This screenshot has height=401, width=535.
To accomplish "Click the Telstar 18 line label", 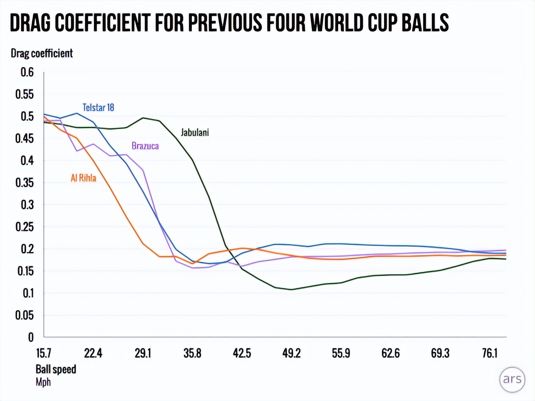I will click(x=98, y=107).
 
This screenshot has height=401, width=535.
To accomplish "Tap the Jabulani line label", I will click(x=194, y=132).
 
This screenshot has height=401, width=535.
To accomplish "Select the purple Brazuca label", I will click(x=145, y=146).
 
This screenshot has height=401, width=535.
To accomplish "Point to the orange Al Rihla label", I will click(x=83, y=178).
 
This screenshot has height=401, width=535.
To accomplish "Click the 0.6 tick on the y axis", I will click(x=27, y=72).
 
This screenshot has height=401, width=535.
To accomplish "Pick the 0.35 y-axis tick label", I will click(x=25, y=183).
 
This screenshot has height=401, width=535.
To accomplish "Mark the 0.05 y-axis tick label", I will click(x=25, y=315).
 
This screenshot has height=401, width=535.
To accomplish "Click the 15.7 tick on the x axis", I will click(x=43, y=353).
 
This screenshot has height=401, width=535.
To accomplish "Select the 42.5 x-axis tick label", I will click(x=242, y=353).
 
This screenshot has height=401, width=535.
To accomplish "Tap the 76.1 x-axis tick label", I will click(x=490, y=353).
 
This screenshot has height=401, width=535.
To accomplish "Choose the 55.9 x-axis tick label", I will click(x=341, y=353).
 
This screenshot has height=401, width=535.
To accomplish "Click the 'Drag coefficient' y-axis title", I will click(x=42, y=53).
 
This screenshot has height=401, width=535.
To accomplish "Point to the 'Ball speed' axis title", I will click(x=56, y=369).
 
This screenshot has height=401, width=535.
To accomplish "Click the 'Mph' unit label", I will click(x=43, y=382).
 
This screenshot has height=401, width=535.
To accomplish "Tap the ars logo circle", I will click(x=512, y=379).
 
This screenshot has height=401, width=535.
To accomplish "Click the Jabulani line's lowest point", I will click(x=291, y=289).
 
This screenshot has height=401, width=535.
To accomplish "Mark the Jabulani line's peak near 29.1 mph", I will click(x=143, y=118).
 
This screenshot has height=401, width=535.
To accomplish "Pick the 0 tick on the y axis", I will click(x=31, y=337).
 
